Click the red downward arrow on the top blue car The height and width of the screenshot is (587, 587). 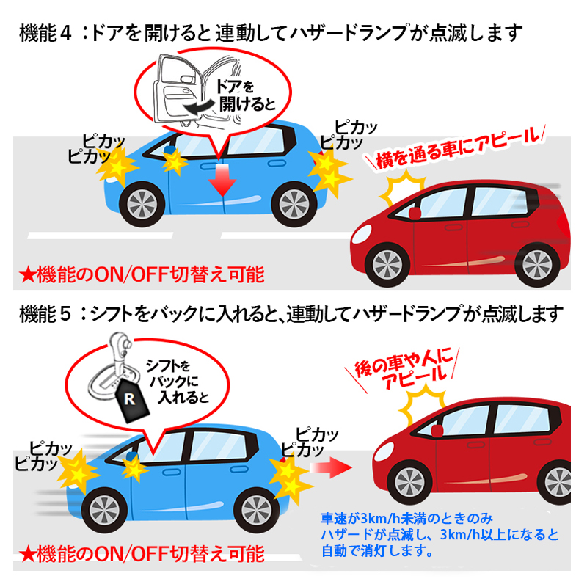pyautogui.click(x=222, y=181)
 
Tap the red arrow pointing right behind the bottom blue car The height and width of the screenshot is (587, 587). pyautogui.click(x=331, y=467)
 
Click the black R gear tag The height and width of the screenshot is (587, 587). pyautogui.click(x=131, y=399)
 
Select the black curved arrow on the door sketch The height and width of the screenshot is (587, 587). pyautogui.click(x=200, y=106)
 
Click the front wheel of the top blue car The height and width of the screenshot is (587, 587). pyautogui.click(x=142, y=205)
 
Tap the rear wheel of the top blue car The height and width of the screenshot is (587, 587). pyautogui.click(x=294, y=205)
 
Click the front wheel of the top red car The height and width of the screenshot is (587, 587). pyautogui.click(x=387, y=264)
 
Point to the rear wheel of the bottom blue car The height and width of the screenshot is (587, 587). pyautogui.click(x=256, y=509)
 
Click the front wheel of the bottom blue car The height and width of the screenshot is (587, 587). pyautogui.click(x=104, y=509)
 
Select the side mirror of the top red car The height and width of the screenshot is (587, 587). pyautogui.click(x=415, y=213)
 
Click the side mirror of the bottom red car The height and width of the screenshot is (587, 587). pyautogui.click(x=437, y=431)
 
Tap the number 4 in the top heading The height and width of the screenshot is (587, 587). pyautogui.click(x=65, y=33)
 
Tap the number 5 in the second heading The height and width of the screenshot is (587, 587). pyautogui.click(x=65, y=313)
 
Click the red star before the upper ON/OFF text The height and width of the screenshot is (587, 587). pyautogui.click(x=27, y=275)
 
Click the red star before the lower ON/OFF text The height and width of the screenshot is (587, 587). pyautogui.click(x=27, y=555)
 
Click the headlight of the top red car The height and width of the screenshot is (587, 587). pyautogui.click(x=361, y=234)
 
